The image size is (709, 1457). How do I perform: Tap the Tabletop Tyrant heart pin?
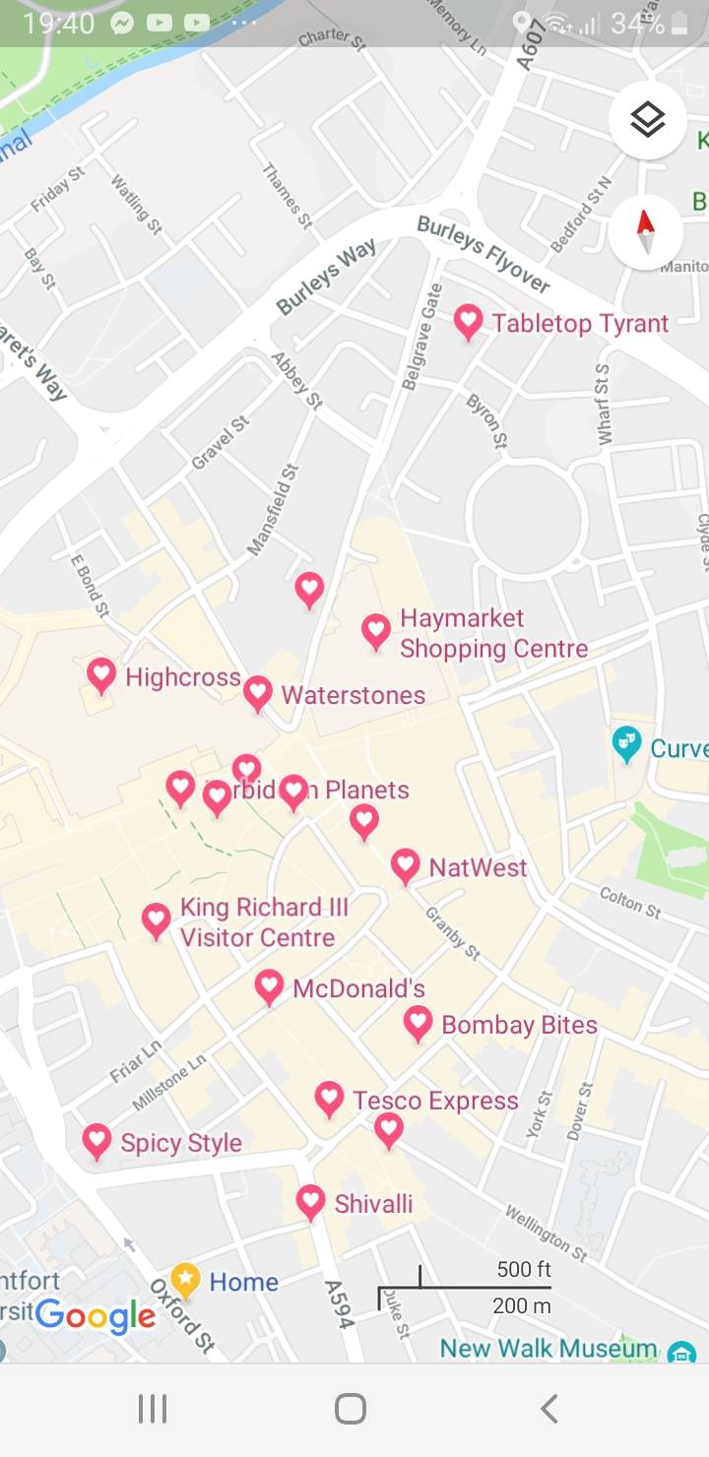468,321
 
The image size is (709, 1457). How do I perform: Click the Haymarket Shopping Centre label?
493,634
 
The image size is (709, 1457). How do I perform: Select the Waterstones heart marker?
258,692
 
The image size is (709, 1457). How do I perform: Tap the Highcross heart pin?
101,674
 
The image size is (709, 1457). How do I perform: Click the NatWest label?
478,867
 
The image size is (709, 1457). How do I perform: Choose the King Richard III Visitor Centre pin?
156,920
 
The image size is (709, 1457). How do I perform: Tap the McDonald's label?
358,988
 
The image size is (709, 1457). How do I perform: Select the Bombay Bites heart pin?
418,1023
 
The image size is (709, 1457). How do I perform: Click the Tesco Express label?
435,1101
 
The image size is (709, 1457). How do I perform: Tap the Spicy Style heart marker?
97,1141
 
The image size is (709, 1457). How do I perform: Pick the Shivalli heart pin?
310,1201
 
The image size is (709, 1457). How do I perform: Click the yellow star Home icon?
185,1281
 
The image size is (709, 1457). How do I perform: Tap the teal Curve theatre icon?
626,744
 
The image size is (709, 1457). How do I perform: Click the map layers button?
646,121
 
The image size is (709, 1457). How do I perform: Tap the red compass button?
646,232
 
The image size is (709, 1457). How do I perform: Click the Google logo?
96,1316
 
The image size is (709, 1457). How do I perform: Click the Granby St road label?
452,932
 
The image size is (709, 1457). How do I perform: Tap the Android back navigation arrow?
549,1409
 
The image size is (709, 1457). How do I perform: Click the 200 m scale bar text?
521,1306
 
